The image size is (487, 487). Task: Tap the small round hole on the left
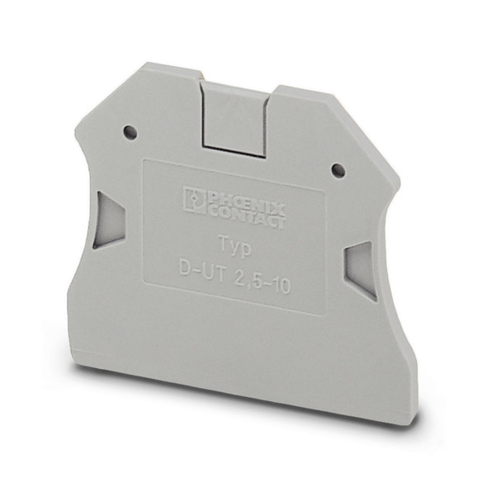point(128,131)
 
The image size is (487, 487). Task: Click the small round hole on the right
point(337,169)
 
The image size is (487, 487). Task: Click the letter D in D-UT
point(183,266)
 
